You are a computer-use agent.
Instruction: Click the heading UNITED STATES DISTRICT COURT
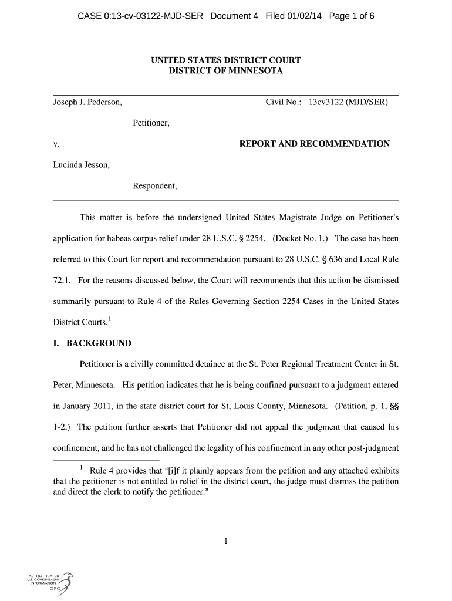pos(226,60)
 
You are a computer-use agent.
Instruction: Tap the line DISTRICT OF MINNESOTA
pos(226,71)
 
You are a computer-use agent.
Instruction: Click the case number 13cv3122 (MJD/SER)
pos(348,103)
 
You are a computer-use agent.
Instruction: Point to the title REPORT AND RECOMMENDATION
pos(315,144)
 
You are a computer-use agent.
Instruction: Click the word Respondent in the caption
pos(154,186)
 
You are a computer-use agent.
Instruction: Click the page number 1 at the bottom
pos(225,542)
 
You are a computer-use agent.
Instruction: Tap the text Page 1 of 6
pos(352,16)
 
